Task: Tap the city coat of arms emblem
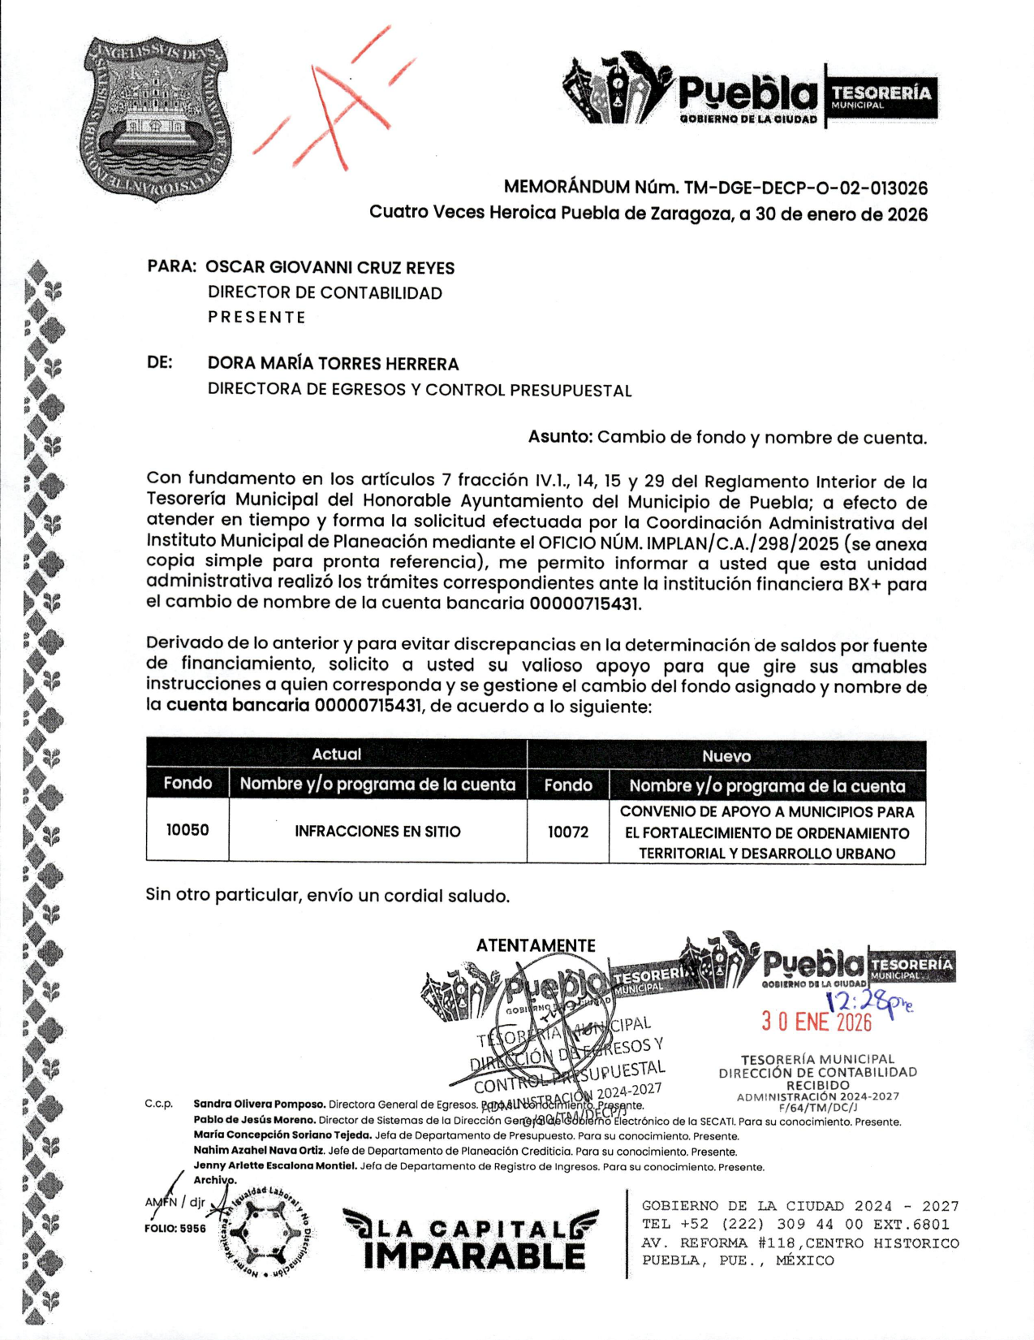pyautogui.click(x=156, y=119)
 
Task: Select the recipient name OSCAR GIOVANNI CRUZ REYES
pyautogui.click(x=330, y=267)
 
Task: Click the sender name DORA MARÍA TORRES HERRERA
pyautogui.click(x=333, y=364)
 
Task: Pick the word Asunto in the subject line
pyautogui.click(x=560, y=437)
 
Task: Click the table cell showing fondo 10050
pyautogui.click(x=187, y=830)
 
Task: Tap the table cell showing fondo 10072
pyautogui.click(x=568, y=832)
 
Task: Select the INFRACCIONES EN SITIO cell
pyautogui.click(x=377, y=831)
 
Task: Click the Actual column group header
pyautogui.click(x=337, y=754)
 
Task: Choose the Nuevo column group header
pyautogui.click(x=726, y=756)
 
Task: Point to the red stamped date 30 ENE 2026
pyautogui.click(x=816, y=1022)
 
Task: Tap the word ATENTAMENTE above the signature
pyautogui.click(x=536, y=945)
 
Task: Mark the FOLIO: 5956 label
pyautogui.click(x=175, y=1229)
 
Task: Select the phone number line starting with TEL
pyautogui.click(x=795, y=1225)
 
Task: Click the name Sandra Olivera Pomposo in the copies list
pyautogui.click(x=260, y=1104)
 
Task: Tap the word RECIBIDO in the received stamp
pyautogui.click(x=818, y=1085)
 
